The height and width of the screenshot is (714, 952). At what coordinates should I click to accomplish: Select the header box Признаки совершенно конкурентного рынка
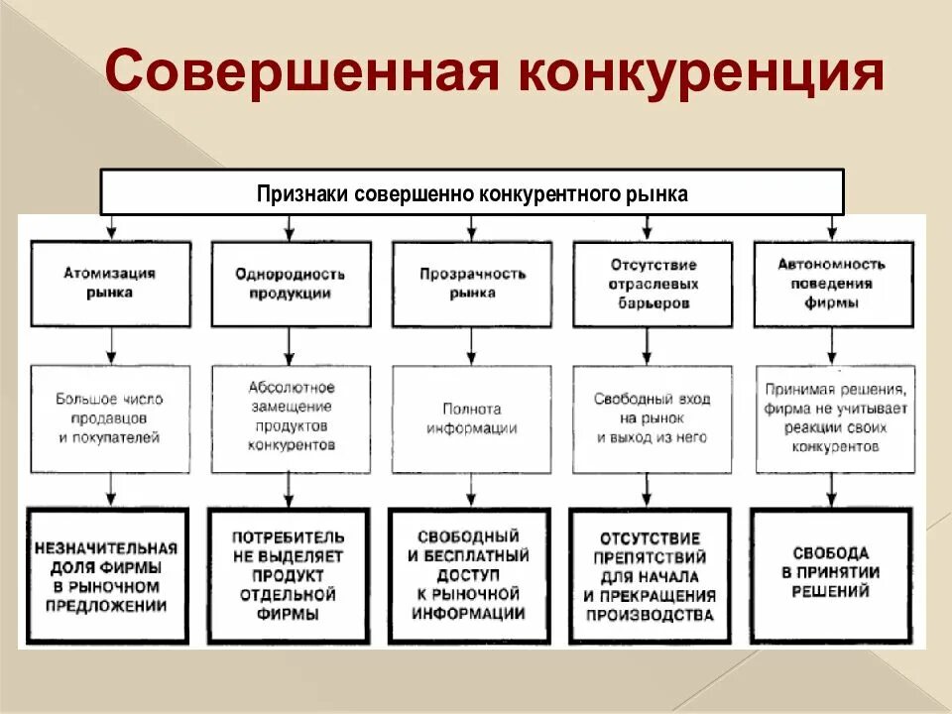pyautogui.click(x=472, y=192)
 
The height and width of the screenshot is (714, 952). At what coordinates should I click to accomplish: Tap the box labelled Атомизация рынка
pyautogui.click(x=109, y=284)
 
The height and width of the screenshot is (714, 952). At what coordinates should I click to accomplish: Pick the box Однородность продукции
pyautogui.click(x=291, y=284)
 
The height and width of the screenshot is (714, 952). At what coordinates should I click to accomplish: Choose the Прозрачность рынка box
pyautogui.click(x=472, y=284)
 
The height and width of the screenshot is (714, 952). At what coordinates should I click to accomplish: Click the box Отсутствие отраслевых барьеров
pyautogui.click(x=652, y=284)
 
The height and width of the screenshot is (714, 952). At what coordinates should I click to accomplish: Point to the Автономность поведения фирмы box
pyautogui.click(x=833, y=284)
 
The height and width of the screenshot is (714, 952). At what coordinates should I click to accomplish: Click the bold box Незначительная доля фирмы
pyautogui.click(x=107, y=576)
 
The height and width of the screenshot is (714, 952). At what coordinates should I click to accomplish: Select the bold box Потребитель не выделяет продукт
pyautogui.click(x=289, y=576)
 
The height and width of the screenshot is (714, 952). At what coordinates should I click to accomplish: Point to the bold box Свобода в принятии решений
pyautogui.click(x=832, y=576)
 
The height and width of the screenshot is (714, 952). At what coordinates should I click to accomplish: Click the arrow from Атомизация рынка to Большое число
pyautogui.click(x=109, y=346)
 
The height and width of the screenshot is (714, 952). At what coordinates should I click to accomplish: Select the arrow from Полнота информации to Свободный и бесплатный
pyautogui.click(x=469, y=491)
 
